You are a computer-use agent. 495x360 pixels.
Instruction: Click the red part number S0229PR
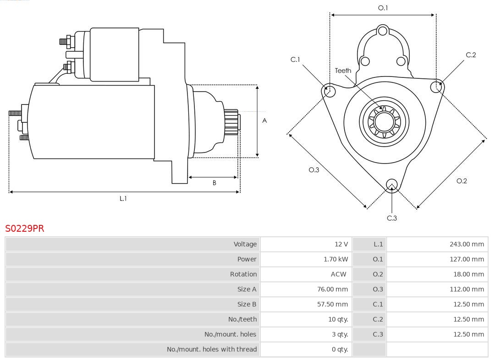tap(25, 229)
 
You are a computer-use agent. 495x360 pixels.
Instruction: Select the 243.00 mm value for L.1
tap(467, 244)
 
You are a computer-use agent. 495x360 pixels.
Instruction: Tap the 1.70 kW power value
tap(335, 259)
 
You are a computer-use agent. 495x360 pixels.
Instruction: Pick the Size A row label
tap(247, 289)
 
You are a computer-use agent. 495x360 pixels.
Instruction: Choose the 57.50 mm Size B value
tap(332, 305)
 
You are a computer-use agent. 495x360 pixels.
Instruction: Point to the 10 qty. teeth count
tap(338, 320)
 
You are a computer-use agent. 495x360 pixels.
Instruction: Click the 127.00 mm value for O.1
tap(467, 259)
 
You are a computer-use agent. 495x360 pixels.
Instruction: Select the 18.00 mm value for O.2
tap(468, 274)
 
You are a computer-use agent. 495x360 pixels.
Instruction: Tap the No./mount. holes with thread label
tap(212, 349)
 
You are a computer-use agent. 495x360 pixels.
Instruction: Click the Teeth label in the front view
tap(343, 71)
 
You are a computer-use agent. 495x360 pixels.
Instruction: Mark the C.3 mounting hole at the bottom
tap(391, 185)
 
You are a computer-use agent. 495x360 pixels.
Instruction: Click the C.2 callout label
tap(471, 55)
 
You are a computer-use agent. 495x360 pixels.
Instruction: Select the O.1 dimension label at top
tap(383, 8)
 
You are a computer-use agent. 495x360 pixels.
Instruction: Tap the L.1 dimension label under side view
tap(123, 199)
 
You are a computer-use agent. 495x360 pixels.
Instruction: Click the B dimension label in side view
tap(214, 183)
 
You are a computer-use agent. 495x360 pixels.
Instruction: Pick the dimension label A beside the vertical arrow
tap(264, 121)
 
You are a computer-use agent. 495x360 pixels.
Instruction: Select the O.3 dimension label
tap(313, 170)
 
